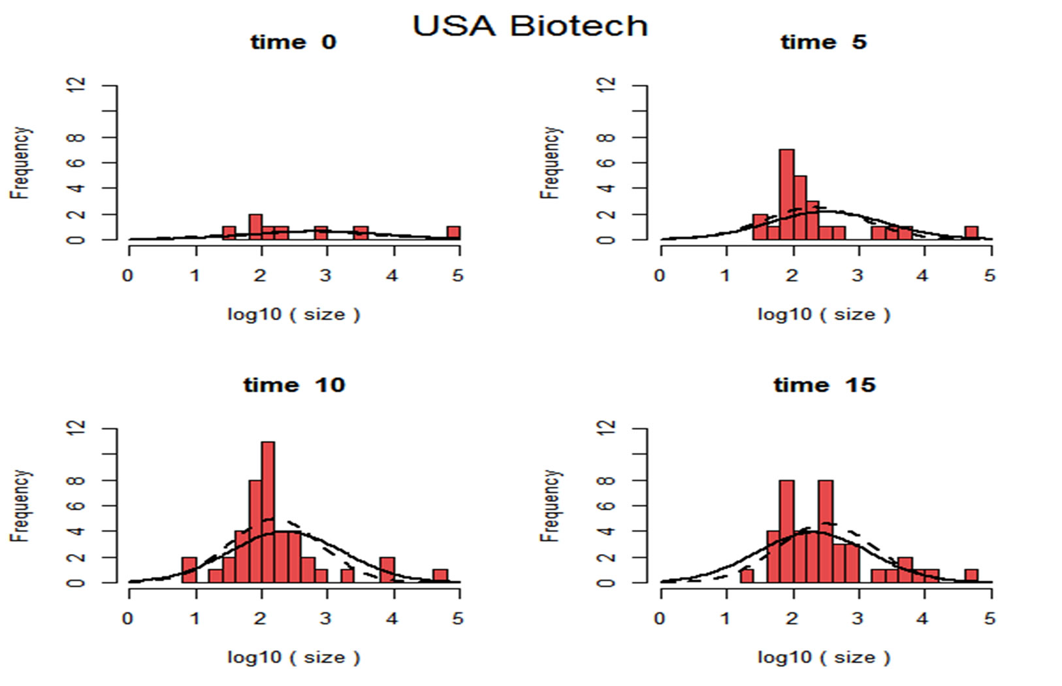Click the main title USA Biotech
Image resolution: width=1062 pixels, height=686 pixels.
(x=530, y=26)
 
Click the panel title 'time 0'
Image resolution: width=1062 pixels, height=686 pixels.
(x=293, y=42)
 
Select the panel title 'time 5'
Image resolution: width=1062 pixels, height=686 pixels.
(x=823, y=42)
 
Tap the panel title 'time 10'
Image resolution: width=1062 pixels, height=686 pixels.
(x=294, y=385)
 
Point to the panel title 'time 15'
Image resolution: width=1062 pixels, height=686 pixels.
(x=824, y=385)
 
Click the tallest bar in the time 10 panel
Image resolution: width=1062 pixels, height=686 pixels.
(x=268, y=512)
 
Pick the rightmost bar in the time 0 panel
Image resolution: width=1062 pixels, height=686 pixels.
(x=453, y=233)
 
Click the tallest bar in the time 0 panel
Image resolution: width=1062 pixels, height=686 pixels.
(x=255, y=227)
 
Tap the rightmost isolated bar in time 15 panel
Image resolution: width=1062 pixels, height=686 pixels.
(x=971, y=576)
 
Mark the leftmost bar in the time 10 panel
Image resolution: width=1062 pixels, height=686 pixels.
(x=189, y=570)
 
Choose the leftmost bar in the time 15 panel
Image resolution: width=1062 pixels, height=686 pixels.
(x=747, y=576)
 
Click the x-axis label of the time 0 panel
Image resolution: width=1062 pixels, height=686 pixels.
(x=293, y=314)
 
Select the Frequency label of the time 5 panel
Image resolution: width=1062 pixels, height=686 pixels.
(x=550, y=163)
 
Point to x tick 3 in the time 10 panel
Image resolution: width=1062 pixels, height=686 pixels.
(x=325, y=618)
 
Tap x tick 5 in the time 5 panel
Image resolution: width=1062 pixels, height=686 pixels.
(x=990, y=275)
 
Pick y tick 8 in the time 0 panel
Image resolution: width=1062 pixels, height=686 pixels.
(x=77, y=137)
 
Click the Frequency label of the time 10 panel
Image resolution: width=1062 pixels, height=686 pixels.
(x=20, y=505)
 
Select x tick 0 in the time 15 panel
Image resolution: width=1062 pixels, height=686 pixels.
(x=660, y=618)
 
